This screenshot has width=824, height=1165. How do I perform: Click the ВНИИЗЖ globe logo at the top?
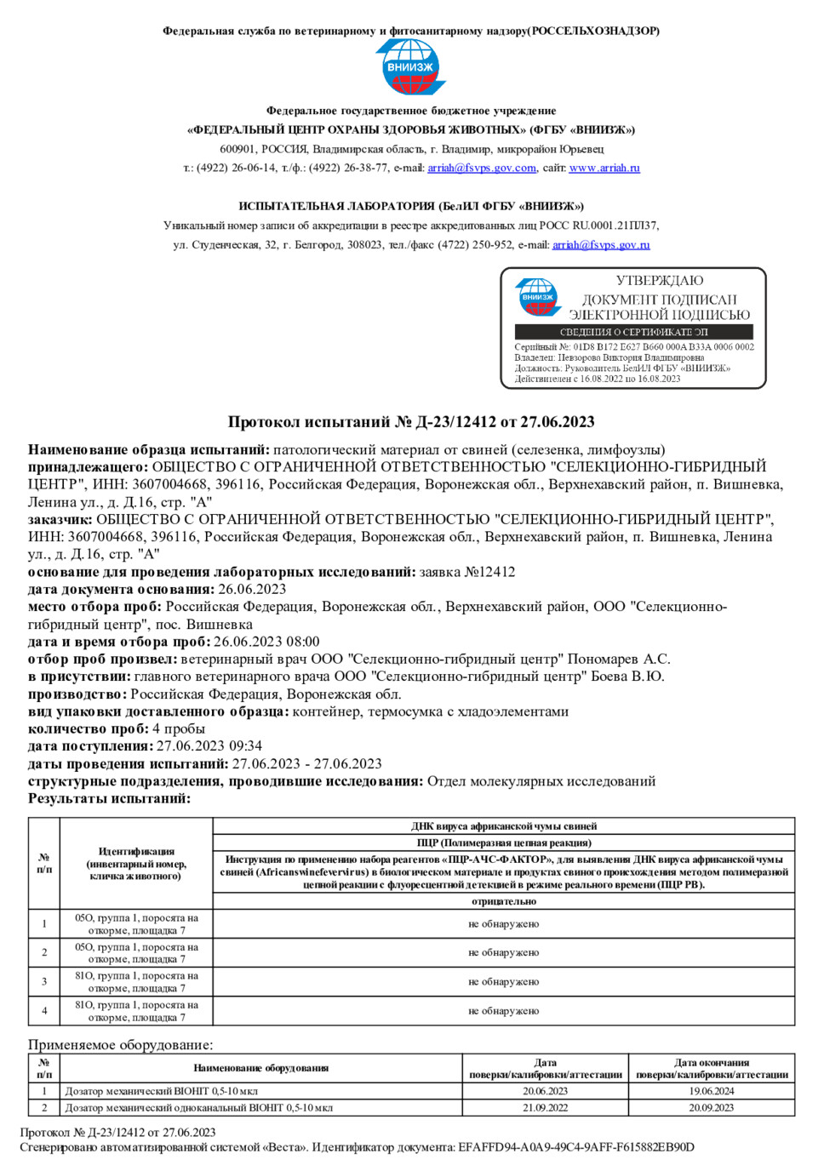pos(411,66)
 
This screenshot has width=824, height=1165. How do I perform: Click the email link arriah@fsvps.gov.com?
pos(482,168)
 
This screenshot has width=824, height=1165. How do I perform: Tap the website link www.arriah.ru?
pos(604,168)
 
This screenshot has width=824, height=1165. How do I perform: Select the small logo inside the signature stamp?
pos(538,297)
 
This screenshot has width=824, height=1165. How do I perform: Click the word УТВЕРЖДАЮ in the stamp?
pos(660,281)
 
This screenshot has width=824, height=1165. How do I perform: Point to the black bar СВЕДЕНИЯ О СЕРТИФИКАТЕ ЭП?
pos(633,332)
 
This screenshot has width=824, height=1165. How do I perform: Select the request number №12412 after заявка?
pos(489,572)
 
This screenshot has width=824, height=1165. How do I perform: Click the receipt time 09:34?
pos(245,746)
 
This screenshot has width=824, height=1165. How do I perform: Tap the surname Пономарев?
pos(602,660)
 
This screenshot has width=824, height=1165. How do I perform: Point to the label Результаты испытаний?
pos(109,798)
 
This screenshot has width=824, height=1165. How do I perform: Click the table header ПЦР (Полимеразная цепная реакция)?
pos(503,842)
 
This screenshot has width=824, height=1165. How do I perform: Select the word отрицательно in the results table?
pos(503,901)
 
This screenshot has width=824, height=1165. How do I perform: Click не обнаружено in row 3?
pos(503,982)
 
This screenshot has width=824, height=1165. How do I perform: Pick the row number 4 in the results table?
pos(44,1011)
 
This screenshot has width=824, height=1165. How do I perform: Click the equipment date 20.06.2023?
pos(545,1091)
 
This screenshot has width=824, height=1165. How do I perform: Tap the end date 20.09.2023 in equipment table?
pos(711,1108)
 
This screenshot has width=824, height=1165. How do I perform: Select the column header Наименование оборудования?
pos(260,1068)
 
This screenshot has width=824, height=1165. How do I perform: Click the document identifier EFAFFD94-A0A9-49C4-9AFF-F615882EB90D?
pos(575,1147)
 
